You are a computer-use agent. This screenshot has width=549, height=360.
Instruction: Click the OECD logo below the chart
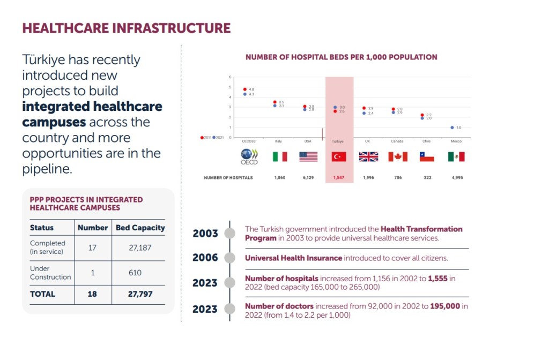point(249,156)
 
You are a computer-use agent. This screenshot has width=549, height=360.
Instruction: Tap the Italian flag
point(279,156)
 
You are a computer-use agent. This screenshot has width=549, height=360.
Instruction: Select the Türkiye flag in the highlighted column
point(339,156)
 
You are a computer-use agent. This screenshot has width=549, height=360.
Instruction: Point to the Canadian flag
point(398,156)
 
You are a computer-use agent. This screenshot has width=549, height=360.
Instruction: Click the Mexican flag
point(456,156)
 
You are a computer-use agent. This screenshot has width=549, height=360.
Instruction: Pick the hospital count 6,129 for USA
point(308,177)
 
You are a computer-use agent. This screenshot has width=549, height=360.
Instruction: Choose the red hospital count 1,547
point(339,177)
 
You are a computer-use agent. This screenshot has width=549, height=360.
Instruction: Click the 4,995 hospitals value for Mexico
point(456,177)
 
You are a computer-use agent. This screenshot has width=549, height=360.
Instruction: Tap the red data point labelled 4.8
point(245,89)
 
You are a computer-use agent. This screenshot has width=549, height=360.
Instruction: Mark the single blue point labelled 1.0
point(452,127)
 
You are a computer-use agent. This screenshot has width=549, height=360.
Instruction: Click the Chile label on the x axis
point(426,141)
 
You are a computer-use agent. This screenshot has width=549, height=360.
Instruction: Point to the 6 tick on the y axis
point(230,77)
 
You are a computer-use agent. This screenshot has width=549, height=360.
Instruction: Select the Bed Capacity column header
point(140,228)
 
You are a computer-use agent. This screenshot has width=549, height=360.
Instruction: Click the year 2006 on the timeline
point(205,258)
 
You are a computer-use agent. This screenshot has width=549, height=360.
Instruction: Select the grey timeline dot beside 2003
point(229,234)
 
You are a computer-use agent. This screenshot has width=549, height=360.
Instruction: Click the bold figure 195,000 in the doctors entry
point(445,306)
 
